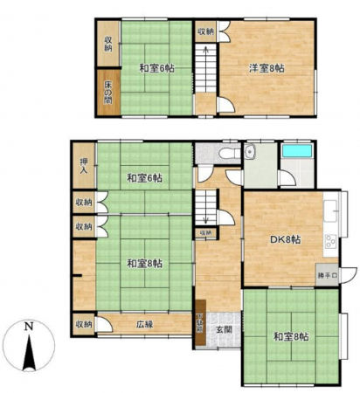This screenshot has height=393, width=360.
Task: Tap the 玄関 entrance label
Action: (x=223, y=329)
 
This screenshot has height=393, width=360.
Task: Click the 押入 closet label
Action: (x=84, y=166)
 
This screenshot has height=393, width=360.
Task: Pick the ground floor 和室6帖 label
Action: (x=144, y=178)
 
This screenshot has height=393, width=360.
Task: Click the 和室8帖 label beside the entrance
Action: (x=290, y=335)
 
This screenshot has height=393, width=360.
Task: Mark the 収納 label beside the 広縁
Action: (x=83, y=325)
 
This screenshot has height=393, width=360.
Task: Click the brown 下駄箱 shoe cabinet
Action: (x=199, y=327)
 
